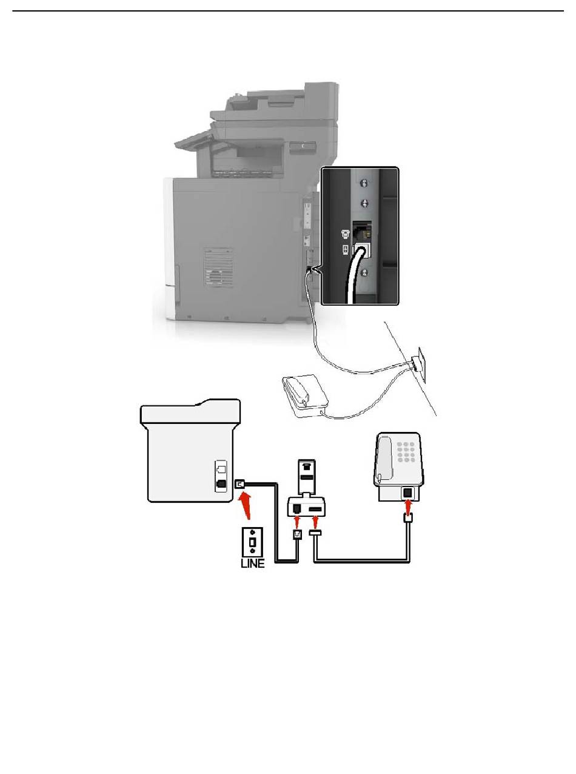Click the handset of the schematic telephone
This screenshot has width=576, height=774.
pyautogui.click(x=384, y=458)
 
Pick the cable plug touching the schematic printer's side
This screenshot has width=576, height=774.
pyautogui.click(x=240, y=483)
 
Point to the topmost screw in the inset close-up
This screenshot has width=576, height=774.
pyautogui.click(x=364, y=183)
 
